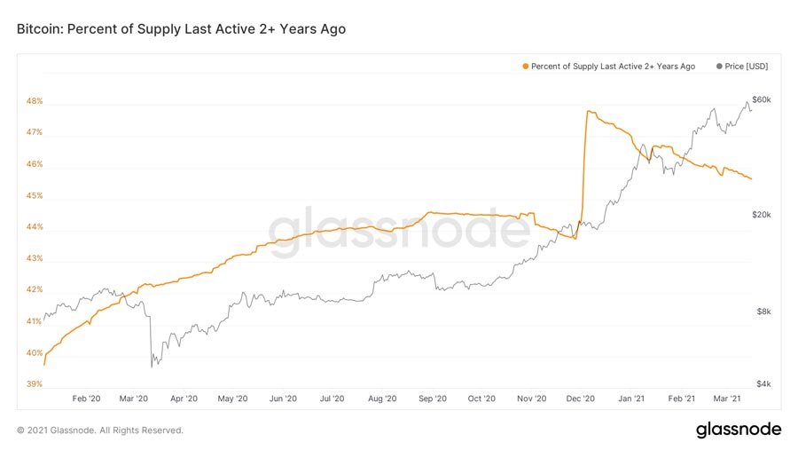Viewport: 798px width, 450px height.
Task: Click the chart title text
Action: click(x=181, y=29)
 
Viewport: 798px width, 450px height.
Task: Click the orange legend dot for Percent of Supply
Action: click(x=526, y=67)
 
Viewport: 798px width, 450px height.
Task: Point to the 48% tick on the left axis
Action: click(x=35, y=101)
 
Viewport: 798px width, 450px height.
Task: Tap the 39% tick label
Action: click(x=35, y=384)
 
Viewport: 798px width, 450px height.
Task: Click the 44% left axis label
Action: click(x=35, y=227)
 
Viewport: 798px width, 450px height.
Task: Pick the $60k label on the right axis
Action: click(x=761, y=99)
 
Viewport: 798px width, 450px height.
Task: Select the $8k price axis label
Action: click(x=759, y=312)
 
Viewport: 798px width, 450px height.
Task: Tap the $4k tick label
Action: click(x=759, y=384)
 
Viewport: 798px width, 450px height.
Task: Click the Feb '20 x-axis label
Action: click(x=86, y=399)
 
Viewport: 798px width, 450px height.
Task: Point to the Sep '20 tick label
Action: click(x=432, y=399)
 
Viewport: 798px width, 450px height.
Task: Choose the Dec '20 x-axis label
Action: click(x=581, y=399)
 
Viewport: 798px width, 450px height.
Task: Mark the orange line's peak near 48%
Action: click(x=588, y=112)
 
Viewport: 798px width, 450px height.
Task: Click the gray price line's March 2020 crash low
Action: click(x=153, y=364)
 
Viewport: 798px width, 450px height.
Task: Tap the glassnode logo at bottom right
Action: click(x=739, y=430)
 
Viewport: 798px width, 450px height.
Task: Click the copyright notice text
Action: click(x=100, y=430)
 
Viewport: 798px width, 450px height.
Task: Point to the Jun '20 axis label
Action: click(x=282, y=399)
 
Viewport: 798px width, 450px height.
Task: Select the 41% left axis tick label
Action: click(x=35, y=321)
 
